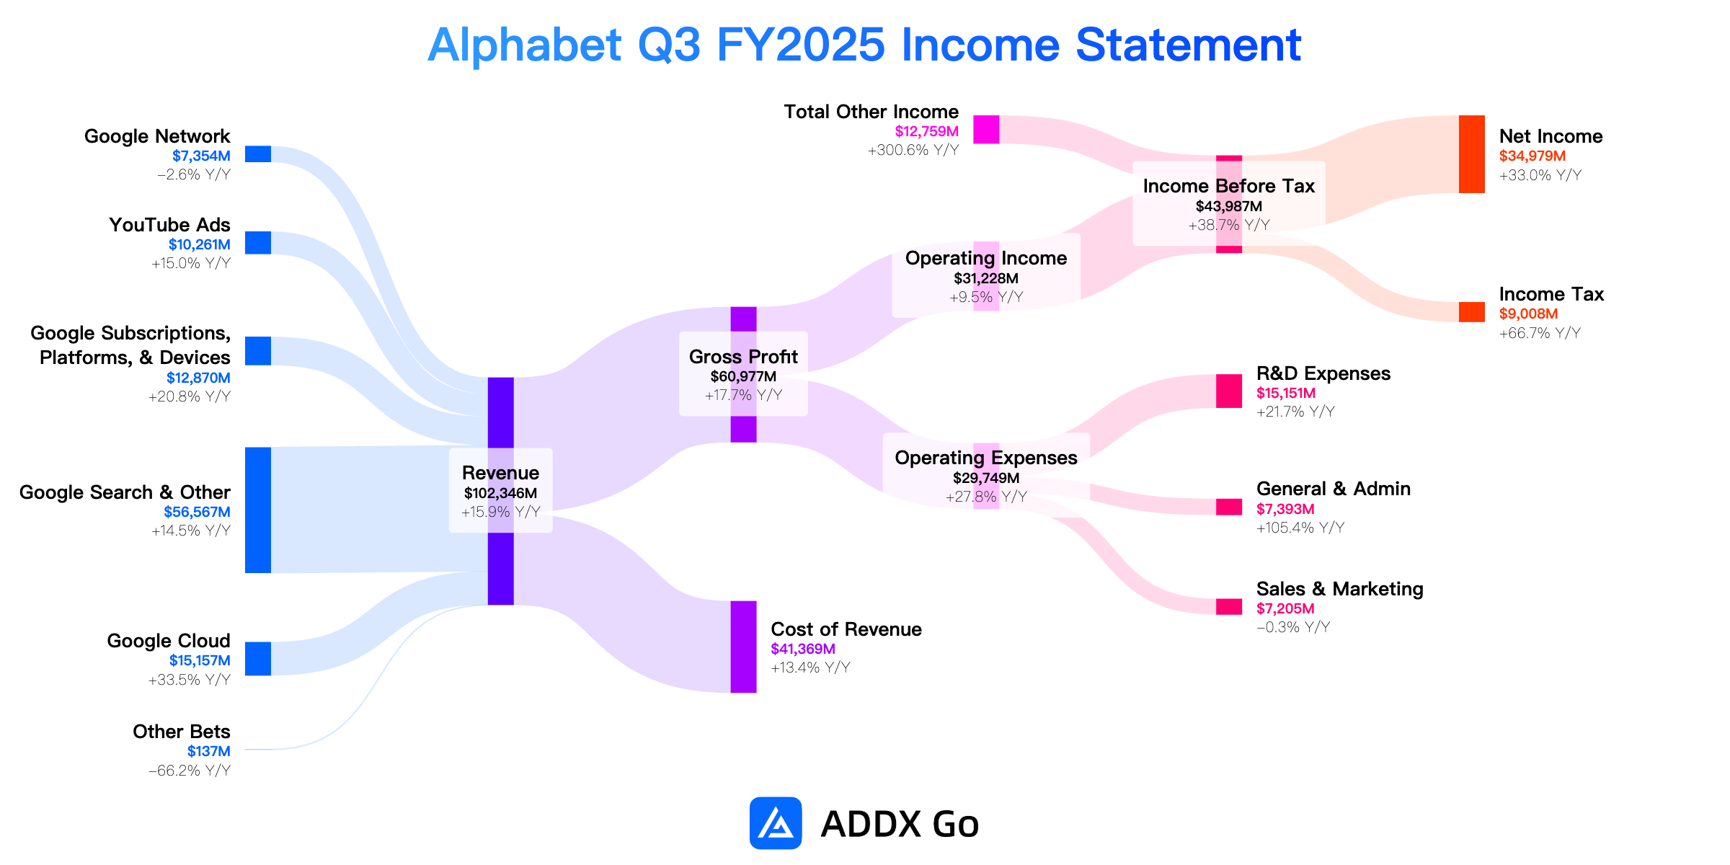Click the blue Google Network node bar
pyautogui.click(x=258, y=154)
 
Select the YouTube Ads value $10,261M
pyautogui.click(x=200, y=245)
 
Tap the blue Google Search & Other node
pyautogui.click(x=258, y=510)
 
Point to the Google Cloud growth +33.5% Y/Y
pyautogui.click(x=190, y=680)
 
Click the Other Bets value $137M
pyautogui.click(x=209, y=751)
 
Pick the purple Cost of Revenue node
pyautogui.click(x=744, y=647)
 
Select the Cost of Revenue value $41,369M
pyautogui.click(x=803, y=649)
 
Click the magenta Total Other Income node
pyautogui.click(x=986, y=130)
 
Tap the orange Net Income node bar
pyautogui.click(x=1472, y=154)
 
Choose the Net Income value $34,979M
pyautogui.click(x=1532, y=156)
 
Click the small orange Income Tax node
pyautogui.click(x=1472, y=312)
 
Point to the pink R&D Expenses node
pyautogui.click(x=1229, y=391)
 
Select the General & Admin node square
pyautogui.click(x=1229, y=507)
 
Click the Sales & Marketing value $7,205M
pyautogui.click(x=1285, y=608)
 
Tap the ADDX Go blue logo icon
pyautogui.click(x=776, y=823)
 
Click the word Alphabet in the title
pyautogui.click(x=525, y=45)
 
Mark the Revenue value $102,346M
pyautogui.click(x=500, y=493)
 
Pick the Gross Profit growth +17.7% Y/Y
pyautogui.click(x=743, y=395)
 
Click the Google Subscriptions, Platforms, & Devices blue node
pyautogui.click(x=258, y=351)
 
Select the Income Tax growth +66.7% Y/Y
pyautogui.click(x=1540, y=333)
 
